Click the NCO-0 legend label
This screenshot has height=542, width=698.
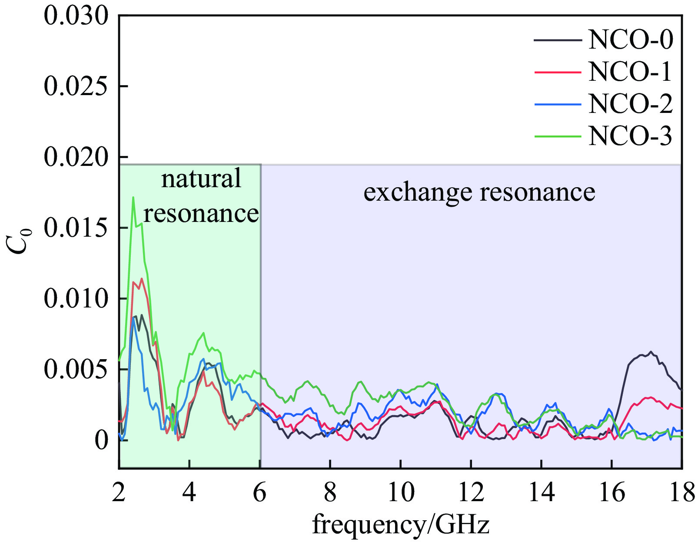point(630,40)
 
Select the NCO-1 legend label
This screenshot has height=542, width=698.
point(630,72)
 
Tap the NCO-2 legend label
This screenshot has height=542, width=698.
point(630,104)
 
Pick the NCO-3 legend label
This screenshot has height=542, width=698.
point(630,136)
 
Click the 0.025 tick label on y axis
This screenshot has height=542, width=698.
point(76,86)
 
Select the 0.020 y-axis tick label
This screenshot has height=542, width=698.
point(76,157)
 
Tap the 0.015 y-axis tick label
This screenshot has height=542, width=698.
point(76,228)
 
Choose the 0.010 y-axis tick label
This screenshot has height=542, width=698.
point(76,299)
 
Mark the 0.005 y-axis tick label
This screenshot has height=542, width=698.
point(76,370)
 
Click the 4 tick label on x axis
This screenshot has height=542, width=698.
point(189,492)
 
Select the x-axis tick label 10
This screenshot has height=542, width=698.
point(400,492)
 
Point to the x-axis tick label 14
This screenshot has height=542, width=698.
point(541,492)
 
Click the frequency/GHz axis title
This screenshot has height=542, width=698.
point(400,524)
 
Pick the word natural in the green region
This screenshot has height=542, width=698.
point(201,178)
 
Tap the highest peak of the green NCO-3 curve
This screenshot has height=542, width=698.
point(133,197)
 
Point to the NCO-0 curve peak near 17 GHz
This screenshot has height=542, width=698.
point(651,352)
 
